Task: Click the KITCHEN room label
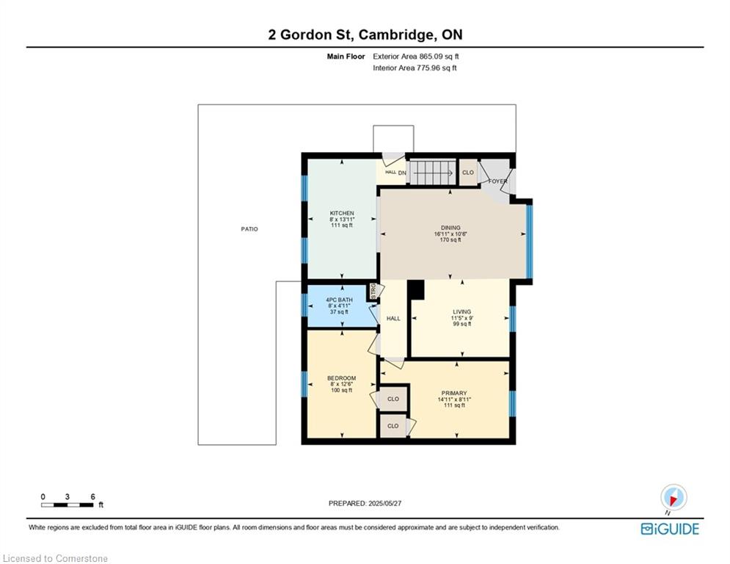click(x=342, y=213)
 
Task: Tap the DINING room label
click(x=450, y=228)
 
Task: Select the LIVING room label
click(x=461, y=312)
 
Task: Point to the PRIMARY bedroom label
click(x=454, y=394)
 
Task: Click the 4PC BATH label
click(x=339, y=300)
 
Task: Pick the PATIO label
click(x=249, y=229)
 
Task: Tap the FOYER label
click(x=497, y=181)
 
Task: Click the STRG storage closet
click(x=373, y=291)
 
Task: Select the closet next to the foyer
click(x=468, y=173)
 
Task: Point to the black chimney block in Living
click(x=416, y=289)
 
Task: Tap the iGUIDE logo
click(x=670, y=529)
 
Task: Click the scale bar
click(x=67, y=505)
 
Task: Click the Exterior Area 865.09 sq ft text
click(x=416, y=57)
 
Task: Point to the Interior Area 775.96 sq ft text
click(x=415, y=68)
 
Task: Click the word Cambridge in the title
click(x=395, y=35)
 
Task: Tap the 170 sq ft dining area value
click(x=450, y=240)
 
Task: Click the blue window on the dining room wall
click(x=529, y=242)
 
